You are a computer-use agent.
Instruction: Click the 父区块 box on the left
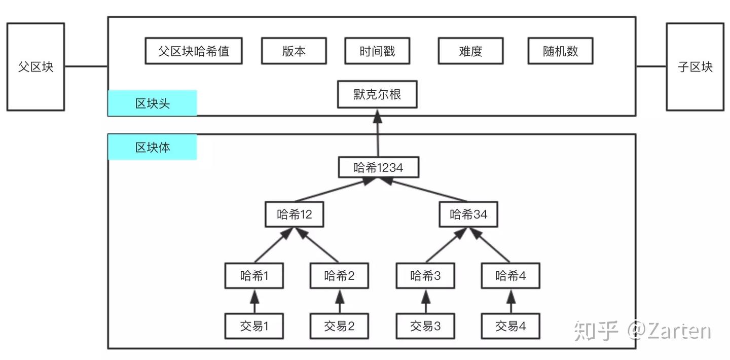[35, 67]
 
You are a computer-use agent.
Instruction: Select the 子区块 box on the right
[695, 67]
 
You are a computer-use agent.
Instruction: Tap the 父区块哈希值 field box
[193, 51]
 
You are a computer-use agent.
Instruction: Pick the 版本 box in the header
[294, 51]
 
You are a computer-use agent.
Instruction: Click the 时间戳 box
[377, 51]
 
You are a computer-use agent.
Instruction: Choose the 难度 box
[470, 51]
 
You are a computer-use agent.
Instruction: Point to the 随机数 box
[560, 51]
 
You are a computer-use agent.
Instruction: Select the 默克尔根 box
[377, 94]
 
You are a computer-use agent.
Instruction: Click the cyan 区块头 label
[152, 103]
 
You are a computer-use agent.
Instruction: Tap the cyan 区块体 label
[152, 148]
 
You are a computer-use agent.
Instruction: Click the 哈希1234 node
[378, 167]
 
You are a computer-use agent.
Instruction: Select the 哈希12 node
[294, 214]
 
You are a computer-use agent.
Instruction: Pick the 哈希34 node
[468, 214]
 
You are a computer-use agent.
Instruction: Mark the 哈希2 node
[339, 276]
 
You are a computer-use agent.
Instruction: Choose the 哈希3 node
[425, 276]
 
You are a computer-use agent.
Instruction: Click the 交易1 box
[254, 326]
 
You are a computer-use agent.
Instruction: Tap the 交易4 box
[510, 326]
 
